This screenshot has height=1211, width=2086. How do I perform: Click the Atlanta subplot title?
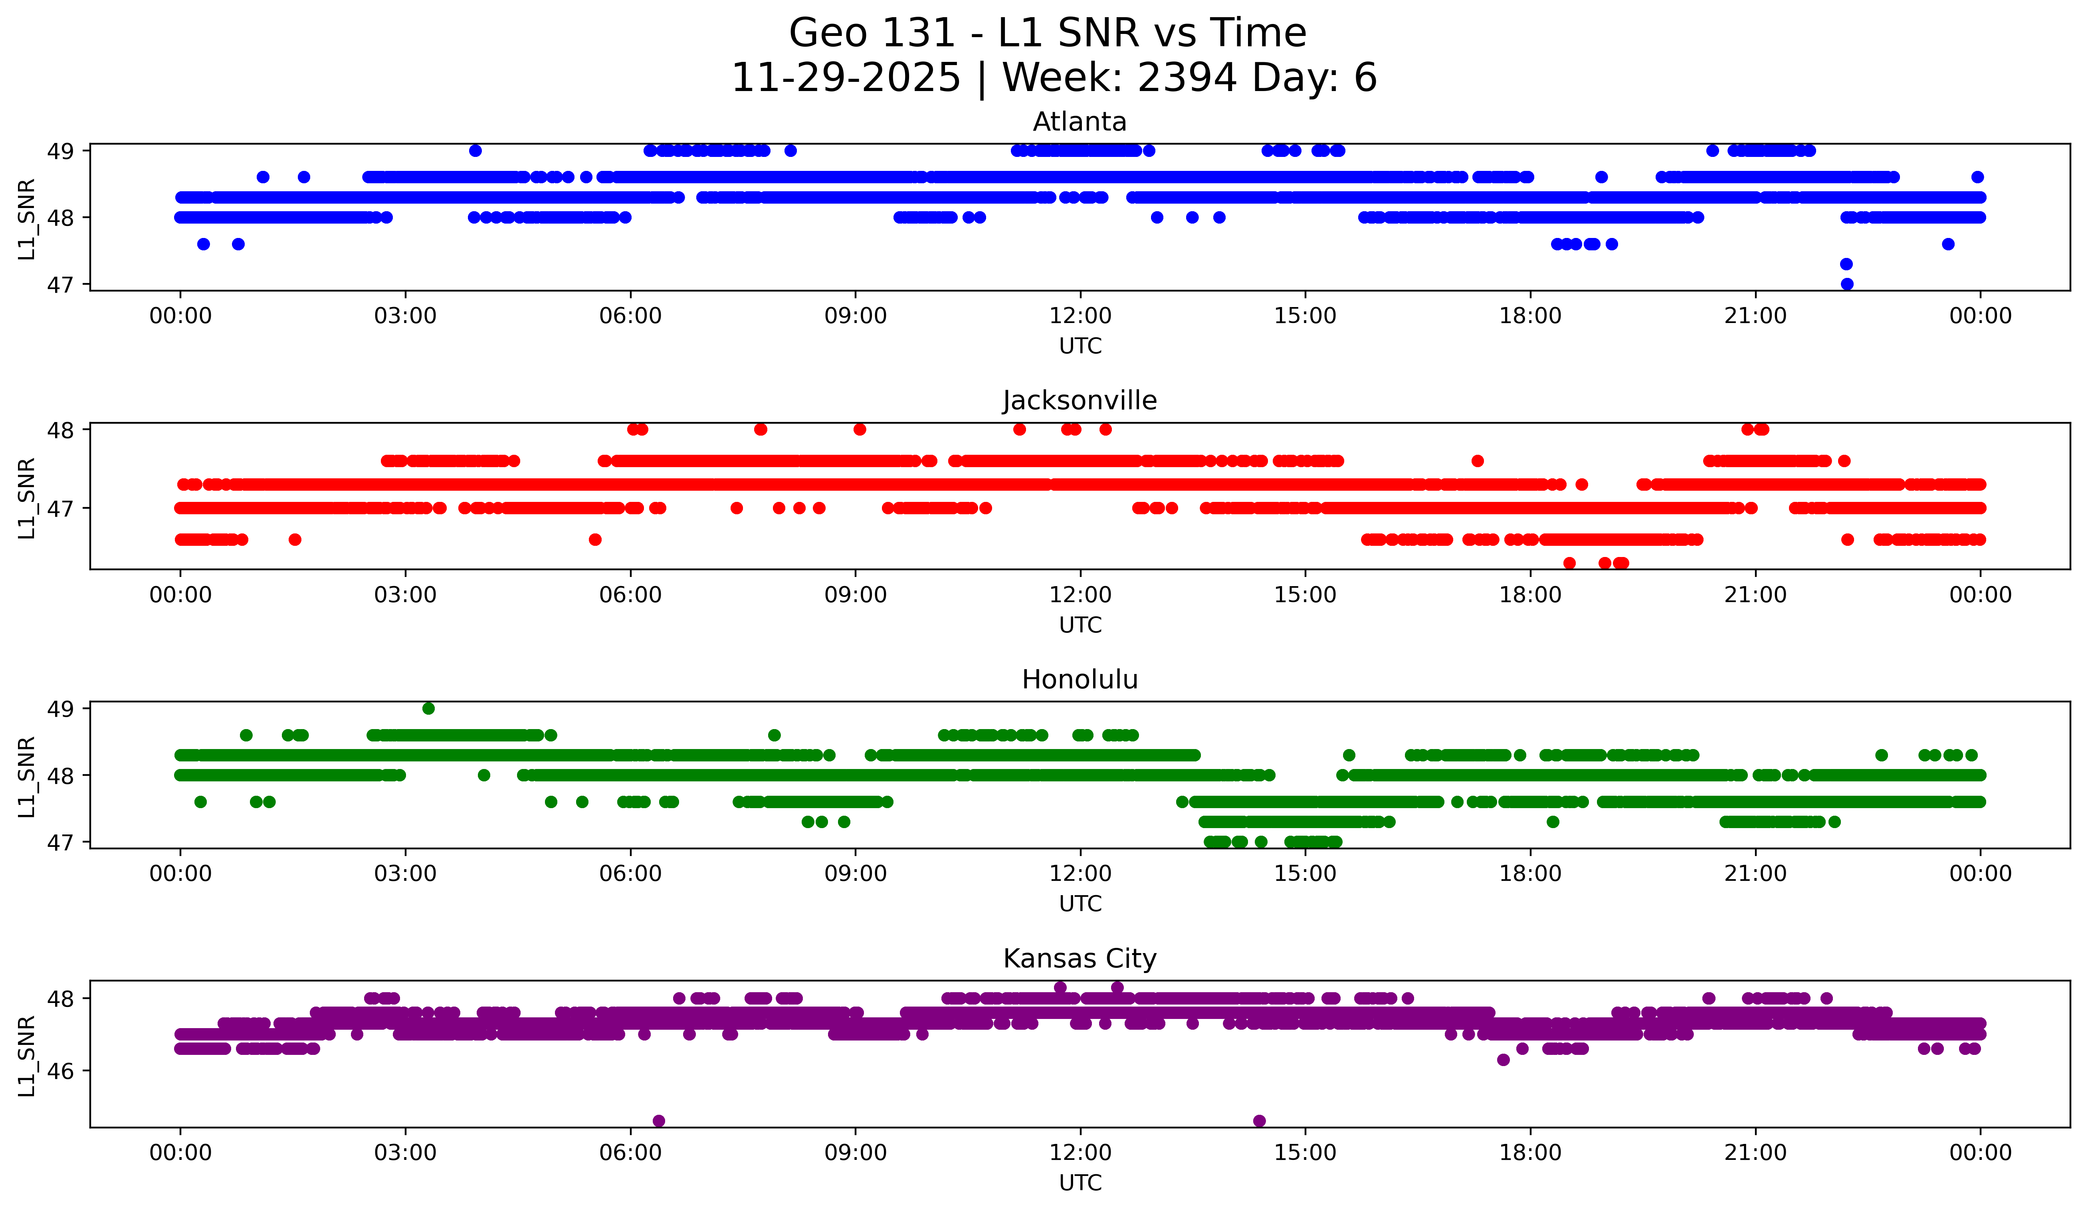[1080, 122]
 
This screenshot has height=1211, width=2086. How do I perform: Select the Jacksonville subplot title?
[1080, 400]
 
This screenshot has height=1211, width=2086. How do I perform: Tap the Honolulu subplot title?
[1080, 680]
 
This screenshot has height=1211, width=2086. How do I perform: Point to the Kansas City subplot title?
[1080, 959]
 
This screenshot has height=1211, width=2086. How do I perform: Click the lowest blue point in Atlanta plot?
[1847, 284]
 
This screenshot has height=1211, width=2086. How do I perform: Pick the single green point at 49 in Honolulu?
[428, 709]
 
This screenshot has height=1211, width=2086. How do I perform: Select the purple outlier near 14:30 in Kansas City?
[1259, 1121]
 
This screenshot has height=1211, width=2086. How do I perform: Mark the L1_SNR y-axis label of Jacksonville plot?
[26, 498]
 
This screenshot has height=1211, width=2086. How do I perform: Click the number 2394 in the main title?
[1187, 78]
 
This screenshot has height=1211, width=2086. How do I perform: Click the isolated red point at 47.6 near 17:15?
[1478, 461]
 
